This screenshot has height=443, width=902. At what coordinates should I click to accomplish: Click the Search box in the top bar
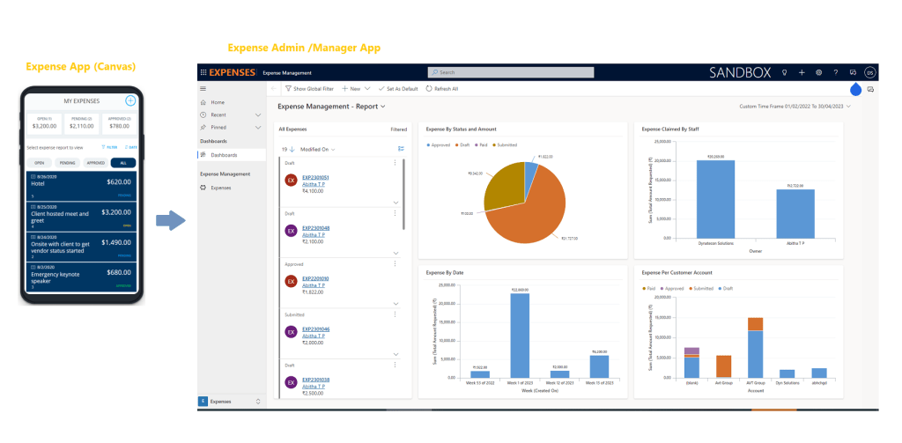[492, 72]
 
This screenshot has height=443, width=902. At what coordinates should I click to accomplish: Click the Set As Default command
[399, 89]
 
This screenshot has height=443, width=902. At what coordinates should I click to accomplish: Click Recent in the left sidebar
[218, 114]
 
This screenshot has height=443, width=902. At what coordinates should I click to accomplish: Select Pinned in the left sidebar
[218, 127]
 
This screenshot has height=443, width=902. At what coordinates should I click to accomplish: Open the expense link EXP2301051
[315, 177]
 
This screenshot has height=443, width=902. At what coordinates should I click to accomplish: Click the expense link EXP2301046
[315, 329]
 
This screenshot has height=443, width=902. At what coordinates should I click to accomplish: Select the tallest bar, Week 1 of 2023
[520, 335]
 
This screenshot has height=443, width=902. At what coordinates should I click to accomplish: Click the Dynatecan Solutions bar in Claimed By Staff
[714, 199]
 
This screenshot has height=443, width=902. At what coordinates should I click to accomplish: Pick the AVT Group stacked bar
[755, 348]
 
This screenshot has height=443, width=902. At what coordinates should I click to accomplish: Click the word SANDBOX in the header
[745, 72]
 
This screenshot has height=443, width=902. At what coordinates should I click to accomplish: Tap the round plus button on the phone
[130, 100]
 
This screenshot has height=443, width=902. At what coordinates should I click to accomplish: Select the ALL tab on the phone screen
[124, 163]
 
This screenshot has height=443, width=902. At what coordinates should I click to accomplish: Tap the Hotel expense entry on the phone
[82, 184]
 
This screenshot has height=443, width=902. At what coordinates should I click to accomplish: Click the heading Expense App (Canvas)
[81, 67]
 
